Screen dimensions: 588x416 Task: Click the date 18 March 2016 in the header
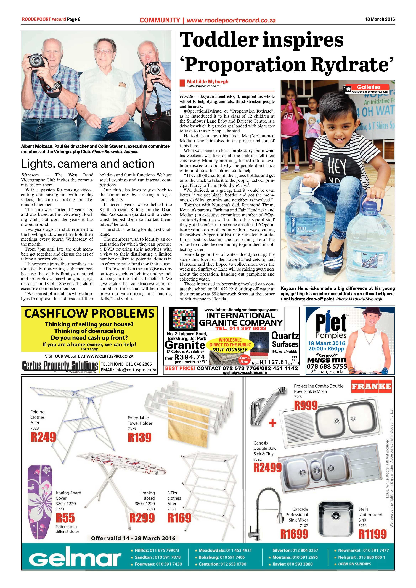[380, 19]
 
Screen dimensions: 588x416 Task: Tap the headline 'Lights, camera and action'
[88, 164]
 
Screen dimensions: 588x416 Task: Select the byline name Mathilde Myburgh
[208, 82]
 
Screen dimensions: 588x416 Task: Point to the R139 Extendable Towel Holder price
[140, 437]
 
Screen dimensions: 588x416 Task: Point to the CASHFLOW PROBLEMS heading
[89, 314]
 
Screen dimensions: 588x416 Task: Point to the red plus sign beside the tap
[272, 423]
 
